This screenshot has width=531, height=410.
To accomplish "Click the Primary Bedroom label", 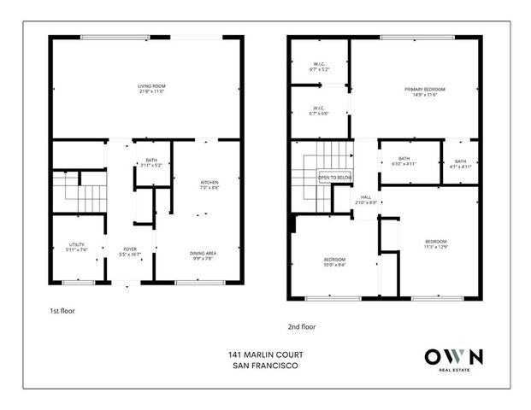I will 426,91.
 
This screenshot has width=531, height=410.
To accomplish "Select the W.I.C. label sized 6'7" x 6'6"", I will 318,111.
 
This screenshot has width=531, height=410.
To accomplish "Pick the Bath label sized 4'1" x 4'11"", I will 461,164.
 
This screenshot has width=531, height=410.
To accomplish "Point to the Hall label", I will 366,198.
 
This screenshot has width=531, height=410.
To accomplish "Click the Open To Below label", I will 335,178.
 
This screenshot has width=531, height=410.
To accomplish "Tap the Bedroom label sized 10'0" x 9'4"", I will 333,261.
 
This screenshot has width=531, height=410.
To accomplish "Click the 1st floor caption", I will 63,311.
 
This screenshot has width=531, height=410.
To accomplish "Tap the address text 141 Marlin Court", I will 265,354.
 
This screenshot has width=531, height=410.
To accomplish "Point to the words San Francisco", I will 265,367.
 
